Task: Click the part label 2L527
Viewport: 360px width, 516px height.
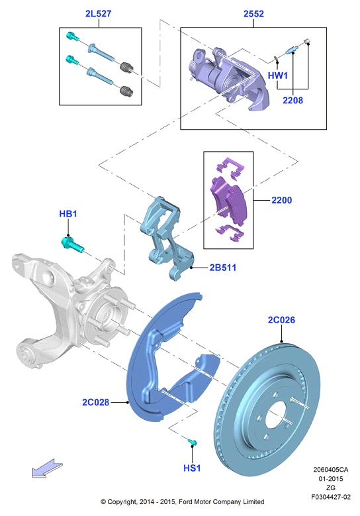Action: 99,13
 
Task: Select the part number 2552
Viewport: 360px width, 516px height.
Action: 253,13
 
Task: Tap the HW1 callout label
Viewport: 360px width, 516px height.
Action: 278,76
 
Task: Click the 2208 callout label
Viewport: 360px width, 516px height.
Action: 292,100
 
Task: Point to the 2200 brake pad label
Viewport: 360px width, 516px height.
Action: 281,200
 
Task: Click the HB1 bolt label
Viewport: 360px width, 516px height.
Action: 68,213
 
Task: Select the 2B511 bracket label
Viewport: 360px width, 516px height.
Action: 223,268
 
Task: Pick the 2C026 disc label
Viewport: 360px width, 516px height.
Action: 281,320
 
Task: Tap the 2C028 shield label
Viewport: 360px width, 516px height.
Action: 96,402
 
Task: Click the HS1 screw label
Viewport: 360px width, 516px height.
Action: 192,468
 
